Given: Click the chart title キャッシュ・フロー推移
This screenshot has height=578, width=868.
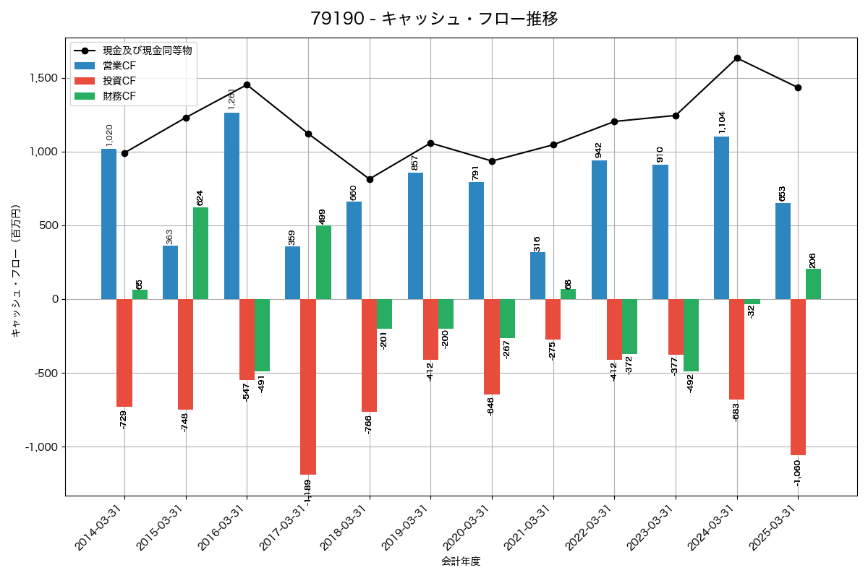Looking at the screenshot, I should [434, 19].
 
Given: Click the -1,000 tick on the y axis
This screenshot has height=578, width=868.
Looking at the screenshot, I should [41, 447].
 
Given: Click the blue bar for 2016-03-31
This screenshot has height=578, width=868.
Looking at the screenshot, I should [231, 206].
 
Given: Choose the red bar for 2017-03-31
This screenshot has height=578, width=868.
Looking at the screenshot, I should [308, 387].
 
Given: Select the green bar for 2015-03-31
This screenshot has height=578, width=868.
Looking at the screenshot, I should [200, 253].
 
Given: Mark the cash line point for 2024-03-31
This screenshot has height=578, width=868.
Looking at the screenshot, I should [737, 58].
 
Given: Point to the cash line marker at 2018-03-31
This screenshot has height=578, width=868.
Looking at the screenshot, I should [370, 179].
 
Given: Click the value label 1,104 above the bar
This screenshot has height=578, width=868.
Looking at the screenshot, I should [721, 123].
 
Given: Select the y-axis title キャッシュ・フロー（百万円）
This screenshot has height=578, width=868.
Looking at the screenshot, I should [16, 272].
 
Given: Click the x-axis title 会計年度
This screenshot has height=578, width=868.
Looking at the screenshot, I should [461, 561].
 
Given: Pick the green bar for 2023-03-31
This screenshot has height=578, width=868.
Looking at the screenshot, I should [691, 335].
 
